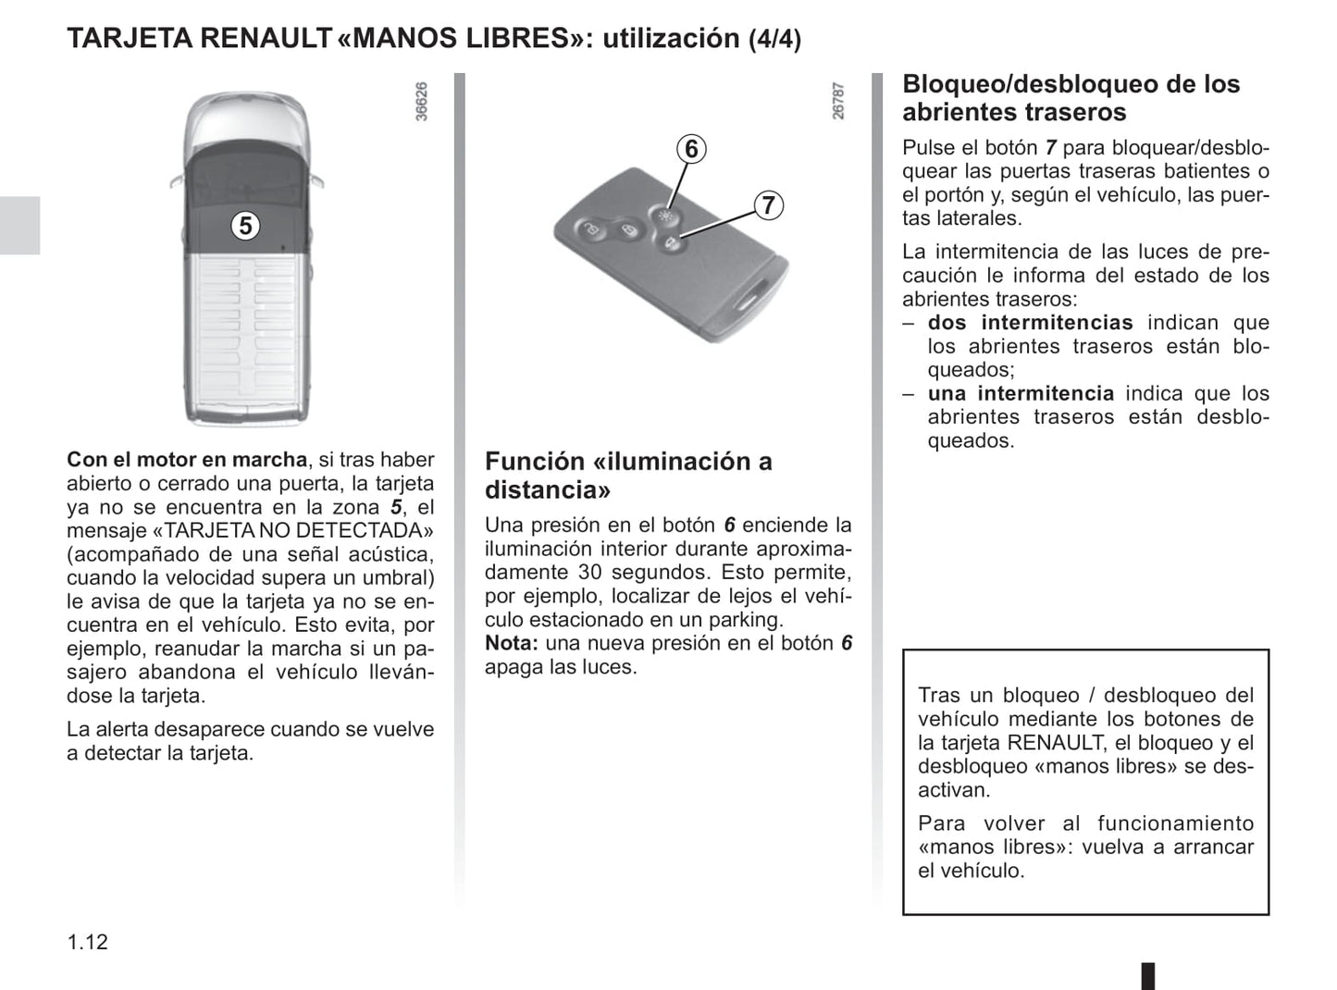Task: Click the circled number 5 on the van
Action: (244, 225)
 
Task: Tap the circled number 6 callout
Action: (691, 149)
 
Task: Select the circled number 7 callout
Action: (768, 204)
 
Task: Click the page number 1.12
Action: (87, 942)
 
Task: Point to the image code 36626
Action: (422, 102)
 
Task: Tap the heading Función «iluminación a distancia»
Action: (627, 475)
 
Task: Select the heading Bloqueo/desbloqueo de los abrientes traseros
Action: (1070, 98)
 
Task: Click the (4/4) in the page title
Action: (774, 40)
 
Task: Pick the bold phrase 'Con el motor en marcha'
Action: (187, 460)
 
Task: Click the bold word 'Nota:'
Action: (511, 643)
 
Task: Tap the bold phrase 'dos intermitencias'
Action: (1030, 323)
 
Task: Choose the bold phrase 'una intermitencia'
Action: (1021, 393)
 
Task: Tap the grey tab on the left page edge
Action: (19, 225)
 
